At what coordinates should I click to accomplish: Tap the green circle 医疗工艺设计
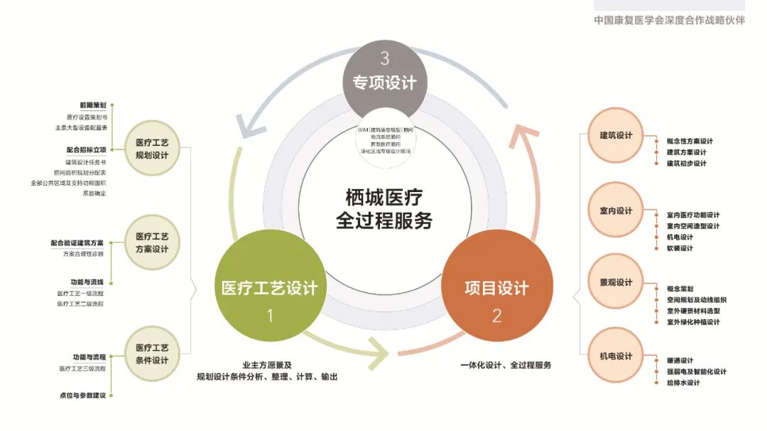coord(270,288)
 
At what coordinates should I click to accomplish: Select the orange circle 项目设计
coord(496,288)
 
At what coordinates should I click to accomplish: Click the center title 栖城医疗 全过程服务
coord(384,208)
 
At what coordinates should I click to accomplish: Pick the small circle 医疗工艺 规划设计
coord(152,148)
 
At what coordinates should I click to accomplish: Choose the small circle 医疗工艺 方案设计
coord(152,243)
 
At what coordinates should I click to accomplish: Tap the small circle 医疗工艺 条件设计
coord(152,354)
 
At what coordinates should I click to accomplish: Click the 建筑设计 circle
coord(616,136)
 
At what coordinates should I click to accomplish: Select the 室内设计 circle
coord(616,211)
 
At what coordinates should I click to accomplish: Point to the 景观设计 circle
coord(616,282)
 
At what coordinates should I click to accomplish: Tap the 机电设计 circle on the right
coord(616,356)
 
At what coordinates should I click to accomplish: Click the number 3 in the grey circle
coord(384,58)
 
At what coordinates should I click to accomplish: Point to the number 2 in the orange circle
coord(496,315)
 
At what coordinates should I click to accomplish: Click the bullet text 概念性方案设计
coord(690,141)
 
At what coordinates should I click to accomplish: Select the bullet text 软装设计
coord(680,248)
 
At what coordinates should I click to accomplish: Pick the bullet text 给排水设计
coord(683,383)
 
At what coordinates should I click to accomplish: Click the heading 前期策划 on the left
coord(93,105)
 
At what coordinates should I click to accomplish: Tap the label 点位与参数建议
coord(82,395)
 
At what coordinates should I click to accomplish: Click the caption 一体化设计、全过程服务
coord(506,365)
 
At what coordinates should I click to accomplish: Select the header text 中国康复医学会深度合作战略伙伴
coord(670,20)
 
